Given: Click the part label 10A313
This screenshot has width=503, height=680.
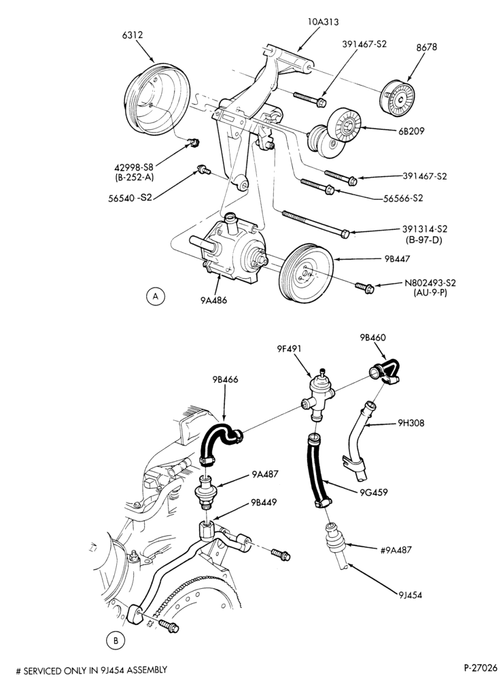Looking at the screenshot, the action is pos(323,21).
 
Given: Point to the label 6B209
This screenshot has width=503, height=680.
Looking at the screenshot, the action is pos(411,131).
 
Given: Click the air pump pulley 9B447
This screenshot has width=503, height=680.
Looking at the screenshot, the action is pos(307,271).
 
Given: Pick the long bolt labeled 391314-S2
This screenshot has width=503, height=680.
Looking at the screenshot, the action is pos(316,224).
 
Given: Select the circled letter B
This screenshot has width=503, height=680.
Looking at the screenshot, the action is pos(116,640).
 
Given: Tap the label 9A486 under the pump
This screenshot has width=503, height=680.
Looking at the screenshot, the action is pos(213,299).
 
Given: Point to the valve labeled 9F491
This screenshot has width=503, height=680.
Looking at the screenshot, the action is pos(318,395).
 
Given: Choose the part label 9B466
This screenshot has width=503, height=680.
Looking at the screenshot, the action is pos(225,379).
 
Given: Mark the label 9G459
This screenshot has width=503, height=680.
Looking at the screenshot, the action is pos(374,492).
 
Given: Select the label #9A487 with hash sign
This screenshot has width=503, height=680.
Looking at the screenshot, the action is pos(396,550).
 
